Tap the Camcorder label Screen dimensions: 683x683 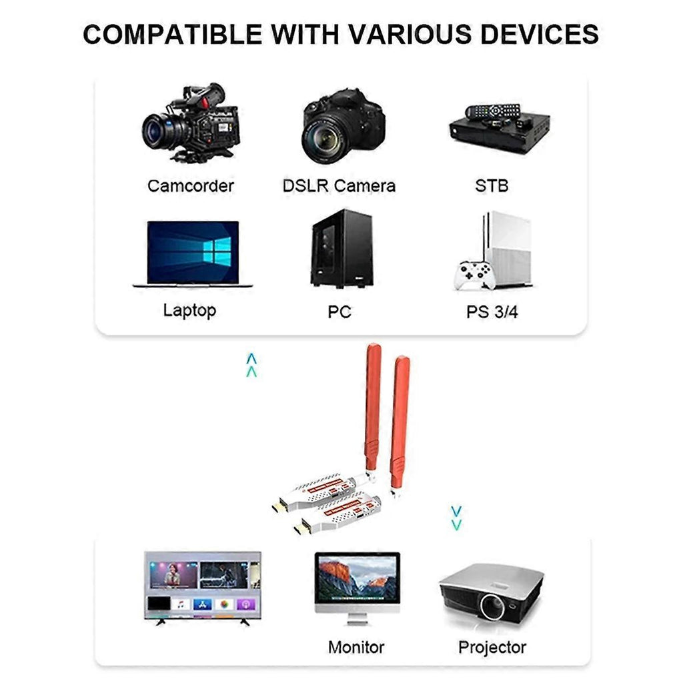tap(191, 185)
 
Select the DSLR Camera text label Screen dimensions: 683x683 tap(339, 185)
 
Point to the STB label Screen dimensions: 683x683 tap(492, 185)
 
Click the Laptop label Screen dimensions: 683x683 tap(189, 310)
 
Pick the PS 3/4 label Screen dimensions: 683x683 tap(492, 311)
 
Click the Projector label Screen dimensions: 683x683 tap(492, 646)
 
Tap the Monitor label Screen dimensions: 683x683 tap(356, 646)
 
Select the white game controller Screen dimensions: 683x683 tap(474, 275)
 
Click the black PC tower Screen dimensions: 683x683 tap(341, 248)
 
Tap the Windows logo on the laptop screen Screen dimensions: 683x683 tap(216, 251)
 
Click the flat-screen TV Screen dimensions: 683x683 tap(203, 584)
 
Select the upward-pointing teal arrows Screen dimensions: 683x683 tap(251, 366)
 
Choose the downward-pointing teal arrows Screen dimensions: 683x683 tap(456, 518)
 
